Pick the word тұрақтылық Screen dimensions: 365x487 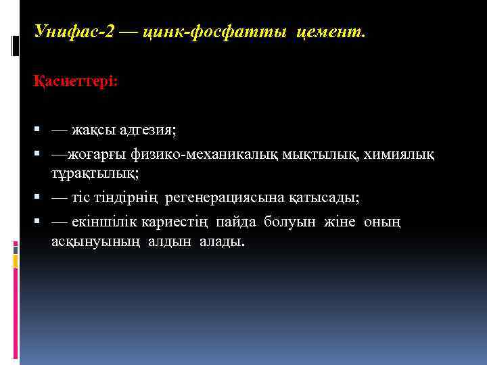(x=94, y=174)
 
